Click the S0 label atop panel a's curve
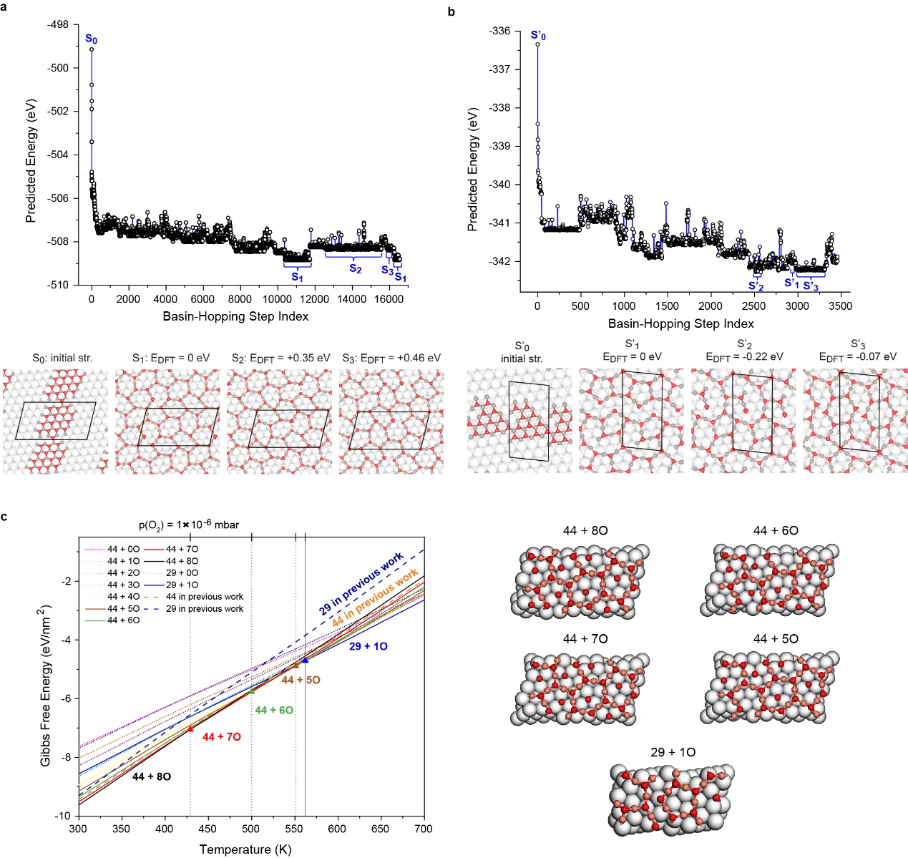click(x=91, y=39)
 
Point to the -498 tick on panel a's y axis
click(x=57, y=24)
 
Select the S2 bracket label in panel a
click(x=355, y=268)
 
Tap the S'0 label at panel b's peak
click(x=538, y=34)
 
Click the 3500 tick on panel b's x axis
click(x=840, y=306)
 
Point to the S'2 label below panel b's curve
click(x=756, y=286)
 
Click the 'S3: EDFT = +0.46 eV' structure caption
click(x=391, y=358)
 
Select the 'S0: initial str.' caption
click(x=62, y=358)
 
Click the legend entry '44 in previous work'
click(x=204, y=597)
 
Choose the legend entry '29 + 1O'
click(x=182, y=585)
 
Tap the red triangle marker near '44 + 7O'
click(x=190, y=728)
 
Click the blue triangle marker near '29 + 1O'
click(x=306, y=660)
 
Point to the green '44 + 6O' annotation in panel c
click(x=274, y=710)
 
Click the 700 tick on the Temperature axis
click(x=424, y=829)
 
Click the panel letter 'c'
click(x=5, y=517)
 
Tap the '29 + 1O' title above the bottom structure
click(x=673, y=752)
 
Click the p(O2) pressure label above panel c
click(x=189, y=525)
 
